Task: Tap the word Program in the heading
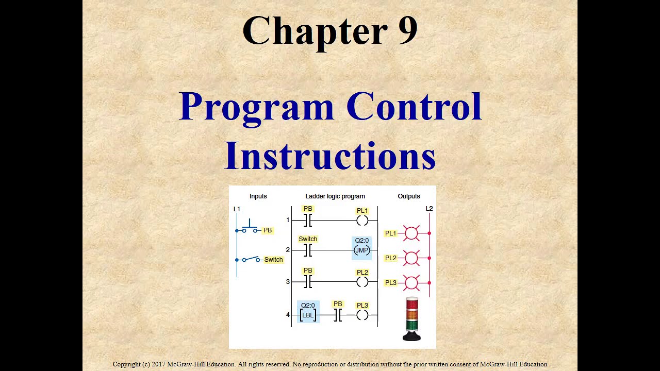click(257, 107)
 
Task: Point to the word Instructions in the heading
click(330, 155)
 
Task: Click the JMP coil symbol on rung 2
click(362, 250)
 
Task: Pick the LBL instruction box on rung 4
click(308, 315)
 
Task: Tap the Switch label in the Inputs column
click(273, 260)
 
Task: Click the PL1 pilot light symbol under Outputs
click(411, 233)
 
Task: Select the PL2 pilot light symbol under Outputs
click(411, 258)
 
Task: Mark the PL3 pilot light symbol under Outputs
click(411, 282)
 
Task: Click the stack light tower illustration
click(411, 319)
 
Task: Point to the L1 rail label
click(237, 209)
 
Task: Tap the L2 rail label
click(429, 209)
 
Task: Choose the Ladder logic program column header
click(335, 196)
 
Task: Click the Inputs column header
click(258, 196)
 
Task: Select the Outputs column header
click(409, 196)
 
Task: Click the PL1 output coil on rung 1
click(362, 221)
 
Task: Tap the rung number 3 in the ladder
click(288, 282)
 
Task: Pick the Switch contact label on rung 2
click(308, 239)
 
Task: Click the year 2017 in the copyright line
click(158, 364)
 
